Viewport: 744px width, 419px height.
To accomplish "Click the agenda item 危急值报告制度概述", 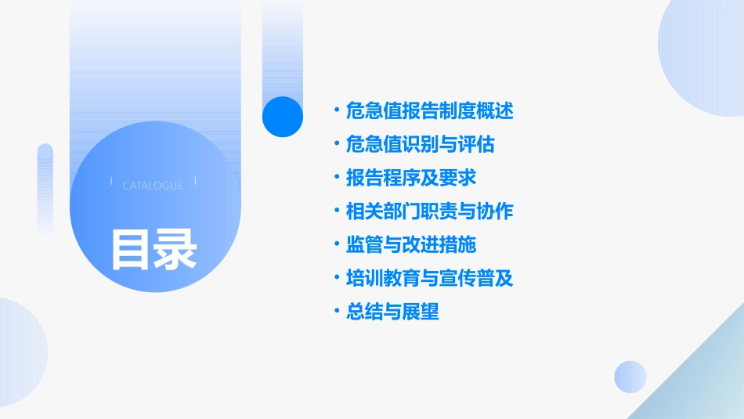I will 429,111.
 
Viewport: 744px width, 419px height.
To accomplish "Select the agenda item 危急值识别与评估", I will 420,145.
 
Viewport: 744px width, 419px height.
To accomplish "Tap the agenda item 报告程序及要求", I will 410,178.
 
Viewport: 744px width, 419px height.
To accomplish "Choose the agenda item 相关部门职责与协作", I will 429,211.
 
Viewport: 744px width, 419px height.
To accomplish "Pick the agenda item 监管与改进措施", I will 410,245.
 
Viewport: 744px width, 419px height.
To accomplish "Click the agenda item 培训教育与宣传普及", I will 429,278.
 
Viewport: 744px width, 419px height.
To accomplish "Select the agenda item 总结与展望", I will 392,312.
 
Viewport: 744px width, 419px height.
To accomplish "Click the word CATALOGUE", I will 153,186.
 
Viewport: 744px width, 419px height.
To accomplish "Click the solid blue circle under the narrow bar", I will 283,117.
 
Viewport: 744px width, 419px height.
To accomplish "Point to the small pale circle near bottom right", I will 630,377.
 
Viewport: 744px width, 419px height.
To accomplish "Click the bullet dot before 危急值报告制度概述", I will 337,111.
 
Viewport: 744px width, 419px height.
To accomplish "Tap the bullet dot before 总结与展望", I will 337,312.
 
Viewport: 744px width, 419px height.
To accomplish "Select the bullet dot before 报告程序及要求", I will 337,178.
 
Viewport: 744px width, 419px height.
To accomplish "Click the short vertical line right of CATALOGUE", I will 195,182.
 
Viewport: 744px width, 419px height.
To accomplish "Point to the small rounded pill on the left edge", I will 45,188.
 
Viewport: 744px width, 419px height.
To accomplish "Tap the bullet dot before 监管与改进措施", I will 337,245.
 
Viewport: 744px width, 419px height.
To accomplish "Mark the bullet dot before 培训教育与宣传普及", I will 337,278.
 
